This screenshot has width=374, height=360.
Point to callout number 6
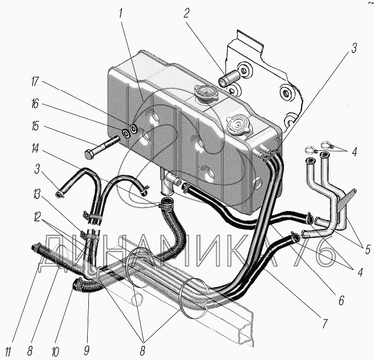(x=341, y=302)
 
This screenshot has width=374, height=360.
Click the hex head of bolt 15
(x=90, y=154)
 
